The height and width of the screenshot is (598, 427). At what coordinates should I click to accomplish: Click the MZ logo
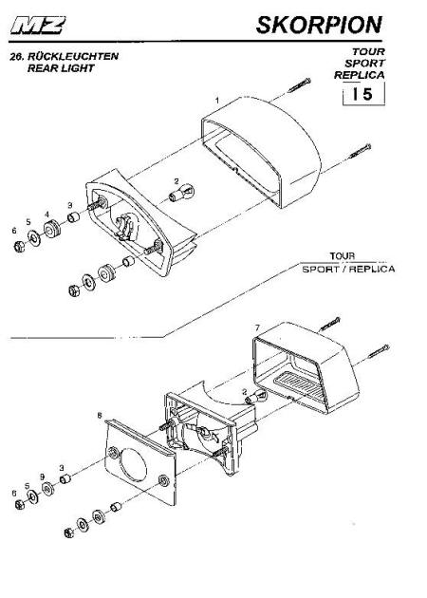point(37,26)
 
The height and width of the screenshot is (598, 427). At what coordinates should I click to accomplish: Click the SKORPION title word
point(319,26)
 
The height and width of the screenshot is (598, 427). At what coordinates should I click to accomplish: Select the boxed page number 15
point(363,94)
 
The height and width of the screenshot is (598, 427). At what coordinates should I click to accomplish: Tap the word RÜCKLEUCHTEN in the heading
point(73,56)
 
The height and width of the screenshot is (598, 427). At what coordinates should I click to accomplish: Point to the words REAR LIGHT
point(61,68)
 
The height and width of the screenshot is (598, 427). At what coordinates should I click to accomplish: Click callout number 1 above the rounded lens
point(217,101)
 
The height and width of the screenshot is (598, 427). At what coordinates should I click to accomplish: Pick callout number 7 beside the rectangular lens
point(257,328)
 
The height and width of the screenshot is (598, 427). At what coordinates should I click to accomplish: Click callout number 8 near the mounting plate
point(100,416)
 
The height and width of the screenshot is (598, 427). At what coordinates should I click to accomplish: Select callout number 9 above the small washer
point(43,477)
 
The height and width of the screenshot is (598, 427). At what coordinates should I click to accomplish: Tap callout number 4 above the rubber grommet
point(47,215)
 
